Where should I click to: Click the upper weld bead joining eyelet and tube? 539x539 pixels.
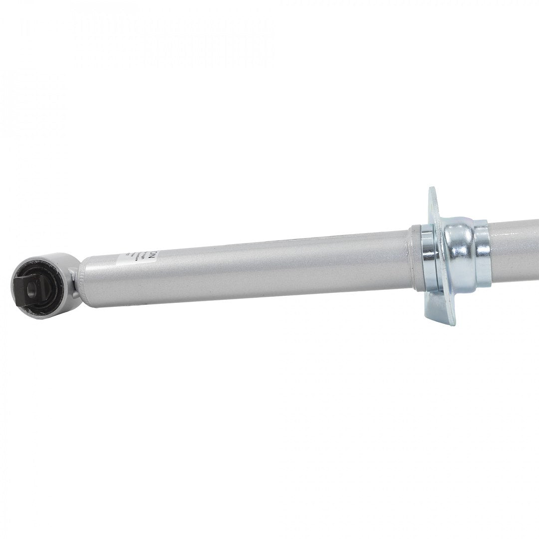point(75,272)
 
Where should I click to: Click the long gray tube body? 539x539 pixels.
point(250,269)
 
